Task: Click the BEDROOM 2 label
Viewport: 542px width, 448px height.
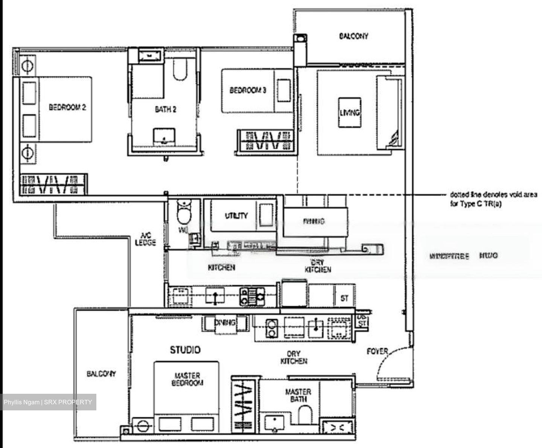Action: pos(67,107)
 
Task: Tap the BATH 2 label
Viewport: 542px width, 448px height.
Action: pos(165,110)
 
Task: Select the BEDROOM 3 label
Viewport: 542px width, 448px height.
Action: pos(248,90)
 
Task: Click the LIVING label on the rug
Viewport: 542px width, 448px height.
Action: pos(350,112)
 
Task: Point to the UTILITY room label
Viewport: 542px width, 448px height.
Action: pos(236,215)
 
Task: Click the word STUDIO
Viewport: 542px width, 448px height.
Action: pos(185,350)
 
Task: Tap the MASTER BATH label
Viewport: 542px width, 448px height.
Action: pos(298,395)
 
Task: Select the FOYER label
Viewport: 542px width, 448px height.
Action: pos(377,351)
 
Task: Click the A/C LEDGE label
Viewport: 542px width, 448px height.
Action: pos(145,239)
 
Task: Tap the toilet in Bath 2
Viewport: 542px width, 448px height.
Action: pos(180,70)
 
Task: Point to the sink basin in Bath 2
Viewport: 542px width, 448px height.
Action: pos(164,136)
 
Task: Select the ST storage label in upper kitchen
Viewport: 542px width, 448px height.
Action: pos(344,298)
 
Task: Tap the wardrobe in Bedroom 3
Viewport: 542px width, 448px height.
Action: pos(266,140)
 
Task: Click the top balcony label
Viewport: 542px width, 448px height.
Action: pos(353,36)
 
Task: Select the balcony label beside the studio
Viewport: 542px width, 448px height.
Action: pos(101,374)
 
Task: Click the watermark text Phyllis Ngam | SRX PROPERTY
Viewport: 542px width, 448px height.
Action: pos(48,402)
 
